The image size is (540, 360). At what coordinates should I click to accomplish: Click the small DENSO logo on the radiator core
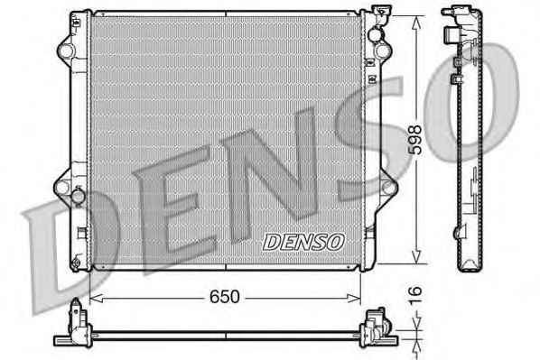coord(303,241)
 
